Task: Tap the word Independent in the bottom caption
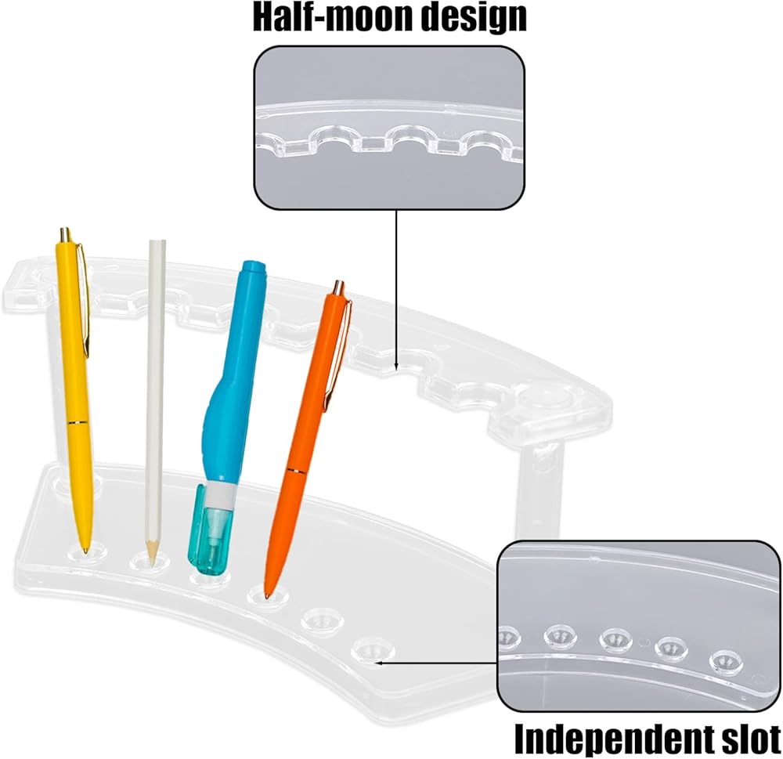click(612, 738)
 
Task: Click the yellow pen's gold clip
click(84, 300)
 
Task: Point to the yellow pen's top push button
click(65, 234)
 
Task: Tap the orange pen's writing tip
click(267, 593)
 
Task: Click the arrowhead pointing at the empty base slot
click(379, 663)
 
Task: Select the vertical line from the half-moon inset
click(396, 290)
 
